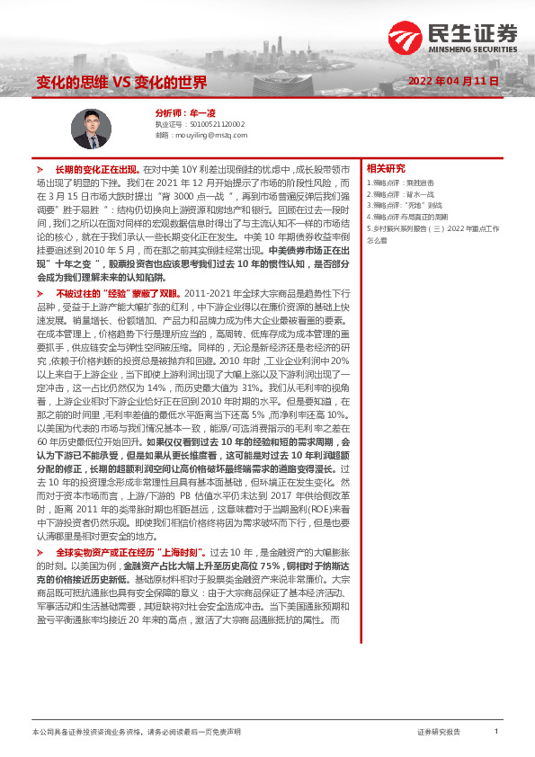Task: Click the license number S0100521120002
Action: point(213,124)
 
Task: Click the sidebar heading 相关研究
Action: point(386,168)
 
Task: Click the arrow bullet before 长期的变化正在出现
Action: point(39,169)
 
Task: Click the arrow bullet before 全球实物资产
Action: point(39,575)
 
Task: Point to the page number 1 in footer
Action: point(495,731)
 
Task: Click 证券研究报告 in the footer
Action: point(439,732)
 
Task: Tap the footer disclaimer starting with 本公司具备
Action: point(135,732)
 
